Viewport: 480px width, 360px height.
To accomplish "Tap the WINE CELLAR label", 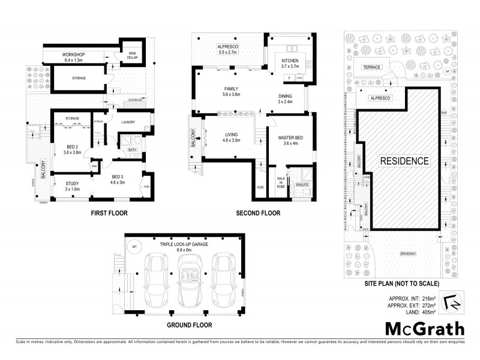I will tap(133, 55).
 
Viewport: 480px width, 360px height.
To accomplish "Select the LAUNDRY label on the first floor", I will tap(127, 123).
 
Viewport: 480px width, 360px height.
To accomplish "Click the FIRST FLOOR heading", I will tap(109, 213).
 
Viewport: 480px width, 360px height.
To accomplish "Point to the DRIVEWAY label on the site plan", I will tap(409, 254).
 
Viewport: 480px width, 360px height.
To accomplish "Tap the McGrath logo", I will tap(424, 329).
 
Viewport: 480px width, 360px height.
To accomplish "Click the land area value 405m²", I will tap(428, 311).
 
